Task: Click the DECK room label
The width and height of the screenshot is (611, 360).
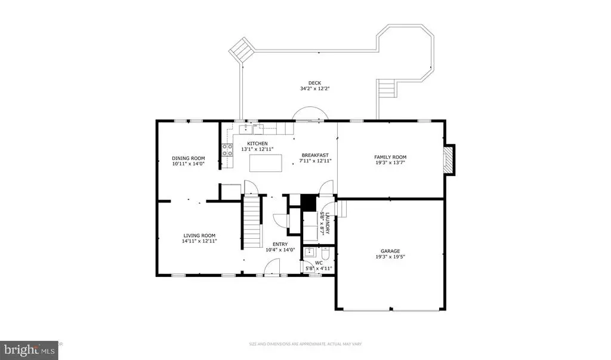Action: (314, 83)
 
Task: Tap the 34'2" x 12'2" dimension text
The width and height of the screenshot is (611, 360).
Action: (315, 88)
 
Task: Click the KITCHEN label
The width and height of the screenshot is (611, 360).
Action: (257, 143)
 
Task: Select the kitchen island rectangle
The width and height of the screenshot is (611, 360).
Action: (266, 163)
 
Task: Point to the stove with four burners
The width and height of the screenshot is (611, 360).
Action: (227, 150)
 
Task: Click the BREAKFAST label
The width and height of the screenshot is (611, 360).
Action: (315, 155)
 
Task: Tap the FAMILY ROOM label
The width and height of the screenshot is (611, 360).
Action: (390, 157)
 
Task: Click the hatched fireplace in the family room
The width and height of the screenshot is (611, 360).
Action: (449, 160)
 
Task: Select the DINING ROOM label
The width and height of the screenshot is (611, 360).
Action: (188, 158)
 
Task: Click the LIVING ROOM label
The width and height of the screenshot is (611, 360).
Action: (199, 236)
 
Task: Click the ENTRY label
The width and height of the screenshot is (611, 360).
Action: (280, 245)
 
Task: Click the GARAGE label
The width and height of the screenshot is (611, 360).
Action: (390, 251)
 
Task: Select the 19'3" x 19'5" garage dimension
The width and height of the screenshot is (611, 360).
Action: (390, 257)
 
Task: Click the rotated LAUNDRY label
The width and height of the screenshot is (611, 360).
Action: (328, 223)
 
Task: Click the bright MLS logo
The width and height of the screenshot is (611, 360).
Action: (29, 350)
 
